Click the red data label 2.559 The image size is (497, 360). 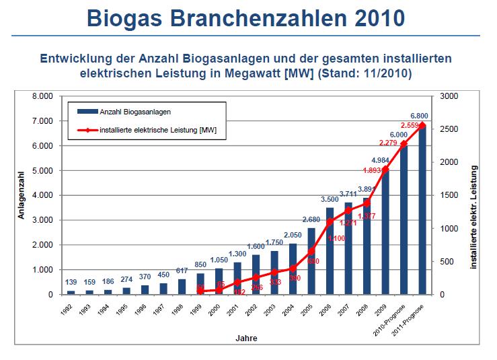pyautogui.click(x=412, y=125)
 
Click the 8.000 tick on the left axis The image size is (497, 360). pyautogui.click(x=42, y=96)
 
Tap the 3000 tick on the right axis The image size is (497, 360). pyautogui.click(x=449, y=96)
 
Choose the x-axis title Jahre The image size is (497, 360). pyautogui.click(x=245, y=338)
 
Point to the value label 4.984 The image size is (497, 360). pyautogui.click(x=385, y=160)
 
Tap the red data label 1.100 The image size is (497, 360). pyautogui.click(x=338, y=238)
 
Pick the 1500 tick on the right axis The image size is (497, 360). pyautogui.click(x=449, y=196)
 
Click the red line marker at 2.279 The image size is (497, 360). pyautogui.click(x=404, y=144)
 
